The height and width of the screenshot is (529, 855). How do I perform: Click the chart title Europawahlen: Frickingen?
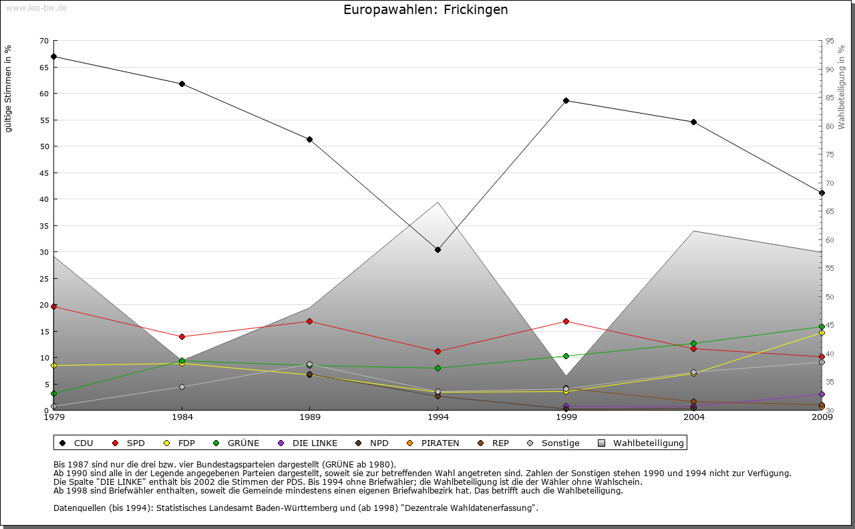[x=425, y=10]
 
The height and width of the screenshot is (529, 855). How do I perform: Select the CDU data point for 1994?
[x=438, y=250]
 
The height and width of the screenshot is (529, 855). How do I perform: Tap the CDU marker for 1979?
[x=53, y=57]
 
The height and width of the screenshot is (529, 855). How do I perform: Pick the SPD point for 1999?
[x=566, y=322]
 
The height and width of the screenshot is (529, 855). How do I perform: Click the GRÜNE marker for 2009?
[x=822, y=327]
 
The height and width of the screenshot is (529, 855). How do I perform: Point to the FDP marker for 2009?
[x=822, y=333]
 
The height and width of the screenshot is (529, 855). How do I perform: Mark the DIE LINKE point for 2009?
[x=822, y=395]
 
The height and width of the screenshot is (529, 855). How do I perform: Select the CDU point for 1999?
[x=566, y=101]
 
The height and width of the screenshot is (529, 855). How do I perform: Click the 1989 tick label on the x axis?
[x=310, y=418]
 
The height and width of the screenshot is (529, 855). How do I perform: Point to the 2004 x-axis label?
[x=694, y=418]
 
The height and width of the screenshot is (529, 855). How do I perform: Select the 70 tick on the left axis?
[x=43, y=41]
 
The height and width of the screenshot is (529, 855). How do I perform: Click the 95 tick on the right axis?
[x=830, y=41]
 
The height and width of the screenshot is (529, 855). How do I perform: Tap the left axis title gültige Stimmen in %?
[x=9, y=88]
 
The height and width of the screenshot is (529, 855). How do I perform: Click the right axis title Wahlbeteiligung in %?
[x=842, y=87]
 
